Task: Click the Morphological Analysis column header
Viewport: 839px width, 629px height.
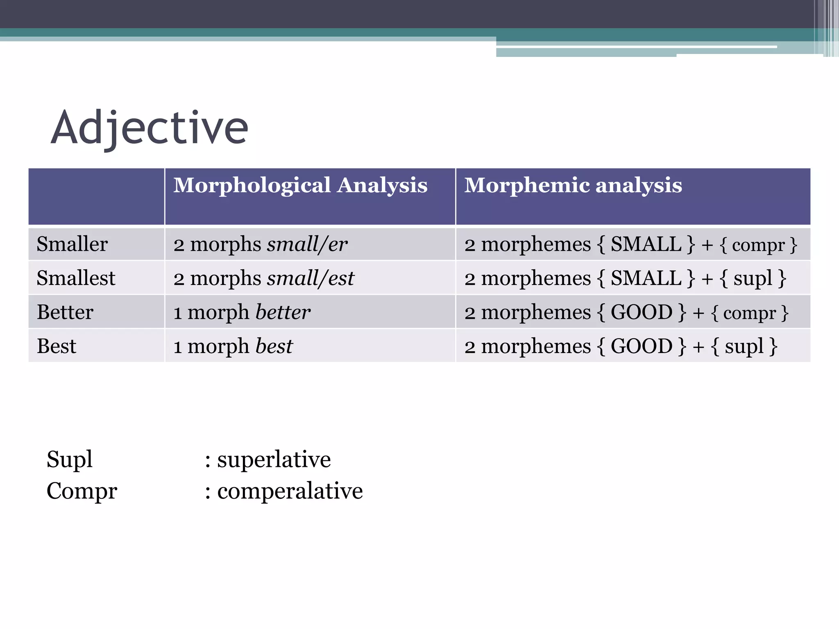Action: [x=300, y=185]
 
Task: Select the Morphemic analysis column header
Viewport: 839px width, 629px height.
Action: [x=573, y=185]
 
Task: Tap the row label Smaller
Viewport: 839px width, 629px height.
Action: [x=72, y=244]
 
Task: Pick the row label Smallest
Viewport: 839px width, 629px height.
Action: [x=76, y=278]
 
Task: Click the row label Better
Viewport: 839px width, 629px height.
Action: [x=65, y=312]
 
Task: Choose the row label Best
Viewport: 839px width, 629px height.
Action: [x=57, y=346]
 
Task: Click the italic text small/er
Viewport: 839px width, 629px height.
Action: [x=307, y=244]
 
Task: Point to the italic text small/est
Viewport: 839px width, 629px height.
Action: [x=311, y=278]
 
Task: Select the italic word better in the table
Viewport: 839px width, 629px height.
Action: [x=283, y=312]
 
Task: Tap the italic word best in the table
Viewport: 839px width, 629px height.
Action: [x=274, y=346]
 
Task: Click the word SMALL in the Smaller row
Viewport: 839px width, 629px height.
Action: [x=646, y=244]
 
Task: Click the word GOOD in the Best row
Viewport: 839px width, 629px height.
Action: [x=641, y=346]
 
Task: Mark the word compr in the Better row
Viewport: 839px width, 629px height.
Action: [x=749, y=313]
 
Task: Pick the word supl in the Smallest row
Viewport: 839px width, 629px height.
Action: [x=753, y=278]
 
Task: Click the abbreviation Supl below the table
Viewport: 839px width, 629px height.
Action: [x=70, y=459]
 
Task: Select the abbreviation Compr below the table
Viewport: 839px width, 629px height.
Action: [x=82, y=491]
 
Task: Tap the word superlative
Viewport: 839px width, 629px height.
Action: [x=274, y=459]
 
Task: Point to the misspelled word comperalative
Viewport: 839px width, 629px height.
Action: [x=290, y=491]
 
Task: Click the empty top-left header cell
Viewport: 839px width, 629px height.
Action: [x=96, y=197]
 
